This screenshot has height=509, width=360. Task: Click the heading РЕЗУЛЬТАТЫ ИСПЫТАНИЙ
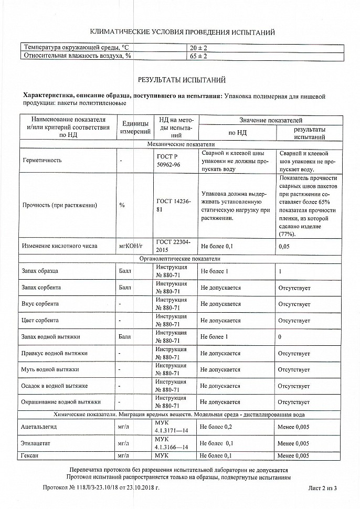click(x=182, y=80)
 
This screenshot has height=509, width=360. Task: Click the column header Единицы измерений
click(x=135, y=126)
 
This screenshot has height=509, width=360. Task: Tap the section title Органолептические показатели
click(x=180, y=259)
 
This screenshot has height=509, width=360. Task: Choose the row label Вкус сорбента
click(x=40, y=304)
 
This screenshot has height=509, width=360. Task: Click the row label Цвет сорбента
click(x=40, y=320)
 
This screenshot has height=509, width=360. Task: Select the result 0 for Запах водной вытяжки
click(x=280, y=336)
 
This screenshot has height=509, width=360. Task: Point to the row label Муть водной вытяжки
click(x=47, y=369)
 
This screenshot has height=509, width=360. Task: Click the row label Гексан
click(x=31, y=455)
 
